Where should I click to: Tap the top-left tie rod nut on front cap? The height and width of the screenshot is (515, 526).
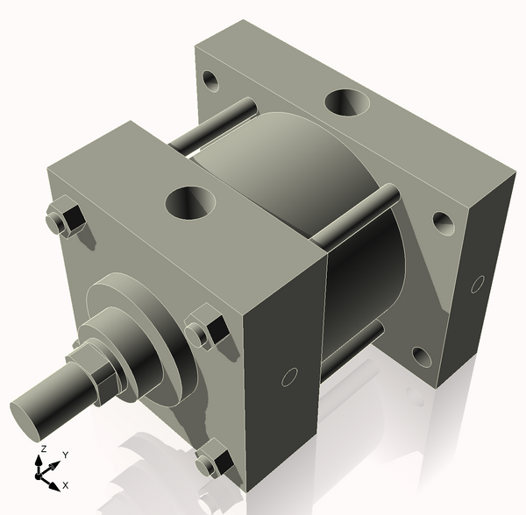pos(62,219)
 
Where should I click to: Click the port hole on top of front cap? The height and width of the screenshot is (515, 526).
pos(190,202)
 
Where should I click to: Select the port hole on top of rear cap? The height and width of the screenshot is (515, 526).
pos(347,103)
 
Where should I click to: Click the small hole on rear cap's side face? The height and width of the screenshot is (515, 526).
pos(478,284)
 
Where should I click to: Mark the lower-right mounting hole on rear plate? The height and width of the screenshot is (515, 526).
pos(421,356)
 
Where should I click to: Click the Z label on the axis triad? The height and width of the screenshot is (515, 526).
pos(41,448)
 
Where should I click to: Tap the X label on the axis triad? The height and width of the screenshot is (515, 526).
pos(65,484)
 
